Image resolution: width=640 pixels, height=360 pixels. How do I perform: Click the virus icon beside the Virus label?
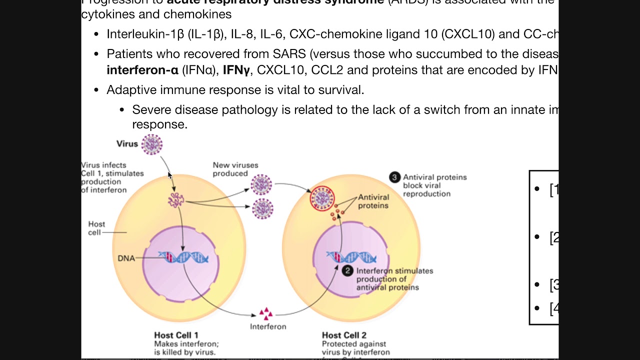tap(151, 144)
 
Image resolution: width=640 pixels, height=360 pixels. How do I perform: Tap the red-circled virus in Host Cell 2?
tap(322, 198)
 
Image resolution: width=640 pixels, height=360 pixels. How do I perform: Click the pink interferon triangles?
tap(265, 313)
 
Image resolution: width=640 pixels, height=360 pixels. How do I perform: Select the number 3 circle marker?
tap(395, 177)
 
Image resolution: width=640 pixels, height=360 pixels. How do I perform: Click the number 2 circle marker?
tap(347, 271)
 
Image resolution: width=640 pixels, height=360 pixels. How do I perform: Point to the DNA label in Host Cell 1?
tap(126, 258)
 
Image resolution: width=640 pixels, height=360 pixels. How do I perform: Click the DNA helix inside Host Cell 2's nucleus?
tap(351, 257)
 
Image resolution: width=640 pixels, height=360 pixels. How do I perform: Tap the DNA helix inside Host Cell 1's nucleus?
tap(183, 257)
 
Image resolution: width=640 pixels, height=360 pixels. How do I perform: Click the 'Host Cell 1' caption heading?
tap(176, 335)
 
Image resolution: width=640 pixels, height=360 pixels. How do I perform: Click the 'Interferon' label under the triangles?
tap(268, 326)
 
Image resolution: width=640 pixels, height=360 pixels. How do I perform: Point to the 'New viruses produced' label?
tap(235, 169)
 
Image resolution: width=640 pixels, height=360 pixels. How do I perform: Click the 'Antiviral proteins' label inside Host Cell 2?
tap(373, 201)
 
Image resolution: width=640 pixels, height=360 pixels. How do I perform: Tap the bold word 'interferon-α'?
tap(142, 70)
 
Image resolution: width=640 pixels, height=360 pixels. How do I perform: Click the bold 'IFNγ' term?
tap(236, 70)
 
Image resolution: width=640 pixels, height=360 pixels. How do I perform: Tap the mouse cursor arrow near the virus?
tap(170, 175)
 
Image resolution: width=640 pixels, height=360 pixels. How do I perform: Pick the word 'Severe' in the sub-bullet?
tap(150, 109)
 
